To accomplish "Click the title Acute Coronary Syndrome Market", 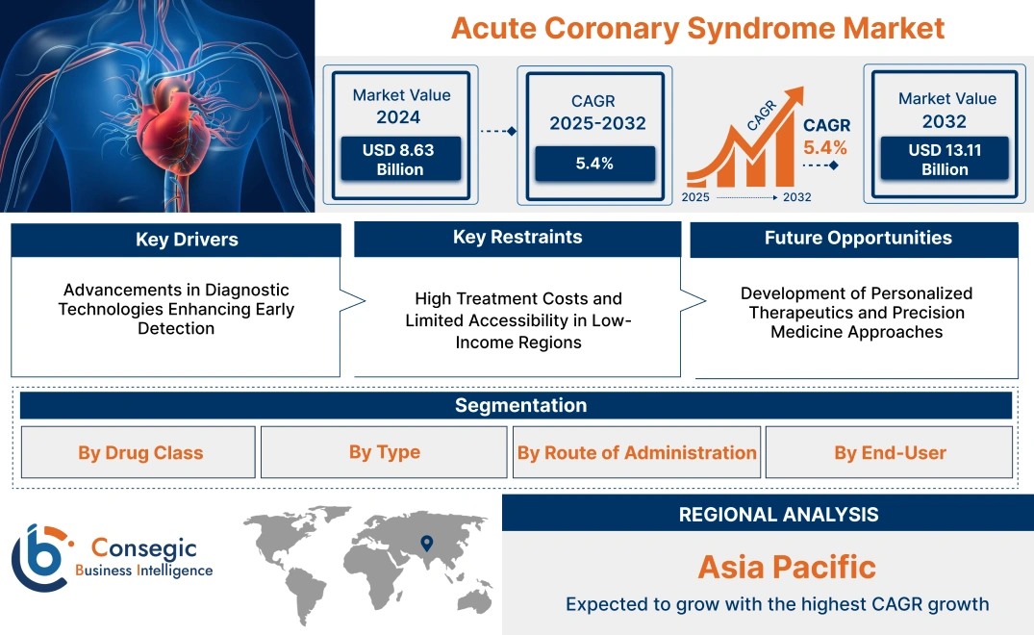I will pyautogui.click(x=697, y=28).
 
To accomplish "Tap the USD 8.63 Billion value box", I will pyautogui.click(x=399, y=160).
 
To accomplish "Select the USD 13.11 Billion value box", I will pyautogui.click(x=945, y=160).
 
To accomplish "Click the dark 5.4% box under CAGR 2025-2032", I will pyautogui.click(x=594, y=164).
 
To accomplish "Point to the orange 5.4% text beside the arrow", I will pyautogui.click(x=825, y=147).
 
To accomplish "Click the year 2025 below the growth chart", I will pyautogui.click(x=697, y=197).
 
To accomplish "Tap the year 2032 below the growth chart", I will pyautogui.click(x=796, y=197).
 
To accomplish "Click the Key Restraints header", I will pyautogui.click(x=517, y=238).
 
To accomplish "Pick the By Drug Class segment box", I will pyautogui.click(x=140, y=453).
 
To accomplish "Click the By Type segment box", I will pyautogui.click(x=384, y=452).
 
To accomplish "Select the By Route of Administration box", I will pyautogui.click(x=637, y=452).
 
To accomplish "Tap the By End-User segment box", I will pyautogui.click(x=890, y=452).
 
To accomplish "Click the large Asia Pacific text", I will pyautogui.click(x=786, y=567).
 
